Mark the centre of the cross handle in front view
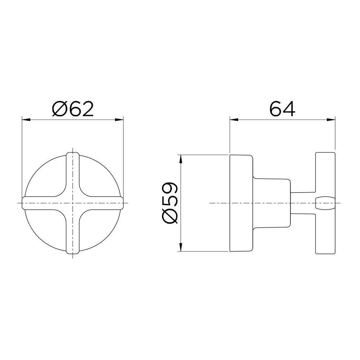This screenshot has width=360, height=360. click(73, 203)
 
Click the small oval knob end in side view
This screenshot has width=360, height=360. click(325, 203)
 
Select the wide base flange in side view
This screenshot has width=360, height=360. click(240, 203)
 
